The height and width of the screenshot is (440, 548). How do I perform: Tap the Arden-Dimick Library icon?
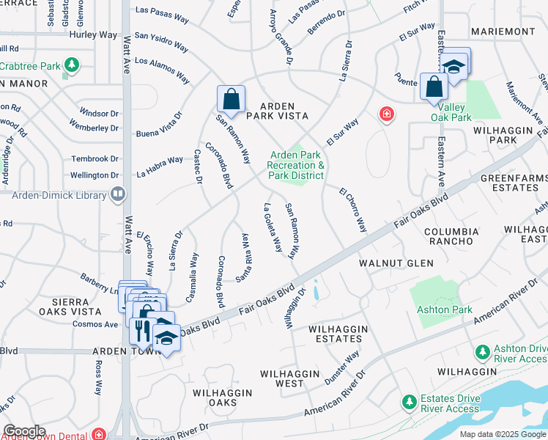click(117, 194)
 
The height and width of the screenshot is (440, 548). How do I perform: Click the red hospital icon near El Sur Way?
click(385, 114)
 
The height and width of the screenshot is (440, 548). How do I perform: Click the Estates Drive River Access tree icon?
click(408, 402)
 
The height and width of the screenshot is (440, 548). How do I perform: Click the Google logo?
click(24, 431)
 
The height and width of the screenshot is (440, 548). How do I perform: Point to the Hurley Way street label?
click(93, 34)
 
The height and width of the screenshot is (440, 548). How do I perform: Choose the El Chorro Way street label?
click(352, 210)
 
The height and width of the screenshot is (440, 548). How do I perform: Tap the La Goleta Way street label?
click(273, 227)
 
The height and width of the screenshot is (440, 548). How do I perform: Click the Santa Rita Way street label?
click(243, 257)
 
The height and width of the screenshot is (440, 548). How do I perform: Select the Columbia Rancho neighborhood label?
click(451, 237)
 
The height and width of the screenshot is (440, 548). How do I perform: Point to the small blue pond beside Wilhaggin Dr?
click(315, 291)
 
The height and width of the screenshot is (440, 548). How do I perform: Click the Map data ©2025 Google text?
click(502, 433)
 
